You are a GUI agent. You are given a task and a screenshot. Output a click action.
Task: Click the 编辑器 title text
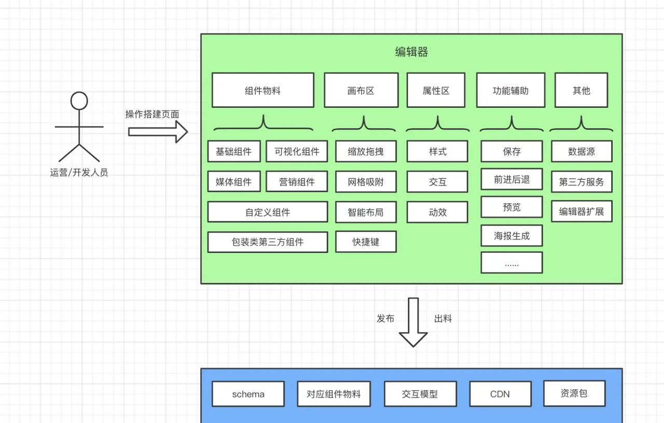411,52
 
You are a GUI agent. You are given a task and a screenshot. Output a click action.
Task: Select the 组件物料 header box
262,90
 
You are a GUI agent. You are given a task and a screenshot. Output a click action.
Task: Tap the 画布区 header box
361,90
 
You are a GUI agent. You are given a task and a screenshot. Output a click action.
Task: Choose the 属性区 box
436,90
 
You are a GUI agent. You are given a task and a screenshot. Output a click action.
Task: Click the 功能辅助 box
510,90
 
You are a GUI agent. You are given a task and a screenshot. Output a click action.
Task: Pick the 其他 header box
581,90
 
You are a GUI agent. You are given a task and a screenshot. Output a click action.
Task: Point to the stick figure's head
79,101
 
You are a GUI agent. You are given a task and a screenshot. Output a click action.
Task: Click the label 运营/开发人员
79,173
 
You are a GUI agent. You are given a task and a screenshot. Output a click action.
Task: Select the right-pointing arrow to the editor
158,132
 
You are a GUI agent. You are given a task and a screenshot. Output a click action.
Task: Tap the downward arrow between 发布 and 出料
413,321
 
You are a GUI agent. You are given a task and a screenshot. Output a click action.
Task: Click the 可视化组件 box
297,151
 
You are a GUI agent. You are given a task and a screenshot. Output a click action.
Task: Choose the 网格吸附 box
366,182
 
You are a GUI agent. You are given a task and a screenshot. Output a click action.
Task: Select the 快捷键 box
366,242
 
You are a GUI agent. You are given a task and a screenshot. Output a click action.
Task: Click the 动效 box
437,212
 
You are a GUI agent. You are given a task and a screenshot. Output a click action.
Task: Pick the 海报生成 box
511,236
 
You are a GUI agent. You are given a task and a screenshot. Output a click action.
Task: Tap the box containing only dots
511,263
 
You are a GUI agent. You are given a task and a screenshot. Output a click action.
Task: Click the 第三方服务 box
582,182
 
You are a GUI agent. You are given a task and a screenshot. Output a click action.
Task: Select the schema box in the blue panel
248,394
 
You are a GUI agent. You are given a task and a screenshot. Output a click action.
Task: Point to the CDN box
500,394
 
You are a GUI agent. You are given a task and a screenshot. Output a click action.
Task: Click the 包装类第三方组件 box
267,242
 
